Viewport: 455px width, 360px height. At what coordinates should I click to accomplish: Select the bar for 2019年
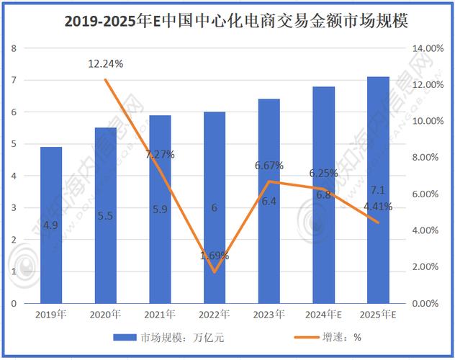point(51,224)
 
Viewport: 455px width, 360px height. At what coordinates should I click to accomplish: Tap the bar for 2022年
point(215,207)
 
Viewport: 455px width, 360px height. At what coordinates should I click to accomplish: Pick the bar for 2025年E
point(378,189)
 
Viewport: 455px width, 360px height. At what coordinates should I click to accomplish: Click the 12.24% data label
point(106,64)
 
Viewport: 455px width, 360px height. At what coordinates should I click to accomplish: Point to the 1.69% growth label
point(215,256)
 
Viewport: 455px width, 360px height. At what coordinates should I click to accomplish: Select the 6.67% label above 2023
point(269,166)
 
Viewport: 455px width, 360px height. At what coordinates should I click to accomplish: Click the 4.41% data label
point(378,207)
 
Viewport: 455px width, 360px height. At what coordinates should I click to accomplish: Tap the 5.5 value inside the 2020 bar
point(106,216)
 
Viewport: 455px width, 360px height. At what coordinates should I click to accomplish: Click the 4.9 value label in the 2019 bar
point(51,225)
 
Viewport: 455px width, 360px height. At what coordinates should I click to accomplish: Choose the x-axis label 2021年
point(160,315)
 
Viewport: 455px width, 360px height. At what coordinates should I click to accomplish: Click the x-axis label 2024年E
point(323,315)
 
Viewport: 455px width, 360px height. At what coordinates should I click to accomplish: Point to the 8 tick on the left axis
point(14,48)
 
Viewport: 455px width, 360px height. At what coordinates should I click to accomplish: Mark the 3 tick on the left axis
point(14,207)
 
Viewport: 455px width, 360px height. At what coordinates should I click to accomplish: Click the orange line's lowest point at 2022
point(215,272)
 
